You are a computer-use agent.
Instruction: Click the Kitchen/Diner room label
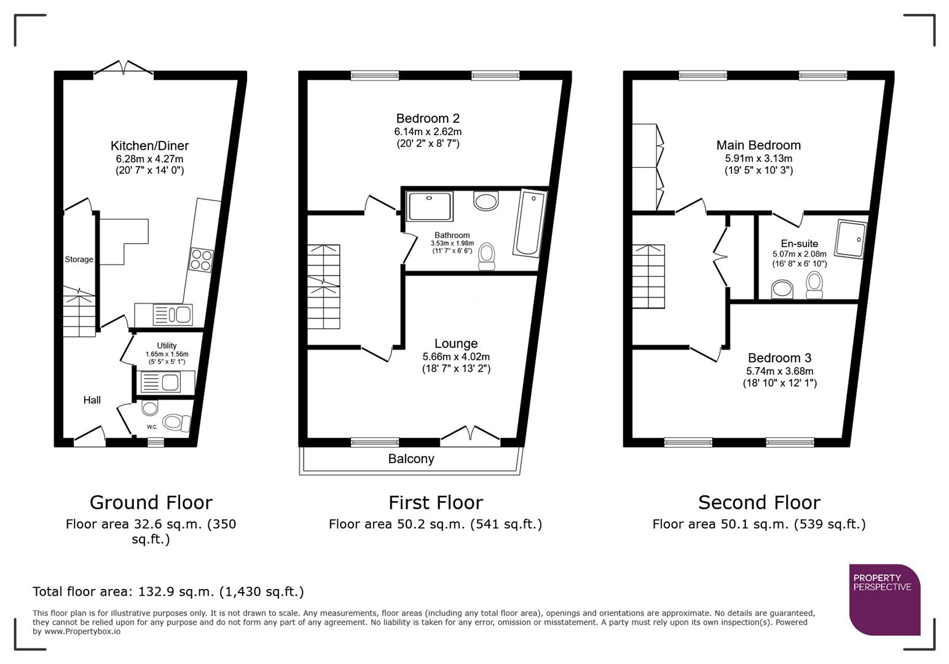[x=149, y=146]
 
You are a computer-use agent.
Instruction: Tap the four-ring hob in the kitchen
[x=202, y=259]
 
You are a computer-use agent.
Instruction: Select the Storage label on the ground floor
[x=79, y=259]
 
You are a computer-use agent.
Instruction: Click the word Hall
[x=92, y=400]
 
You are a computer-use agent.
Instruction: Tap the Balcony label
[x=411, y=459]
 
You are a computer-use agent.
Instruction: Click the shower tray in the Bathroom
[x=430, y=206]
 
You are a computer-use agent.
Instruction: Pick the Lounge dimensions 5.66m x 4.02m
[x=456, y=357]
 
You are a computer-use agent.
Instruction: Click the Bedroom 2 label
[x=428, y=118]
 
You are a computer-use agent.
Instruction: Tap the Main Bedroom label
[x=758, y=145]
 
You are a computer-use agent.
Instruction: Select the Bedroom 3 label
[x=779, y=358]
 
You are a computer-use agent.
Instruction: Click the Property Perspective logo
[x=884, y=599]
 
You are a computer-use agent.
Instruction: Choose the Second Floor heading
[x=759, y=502]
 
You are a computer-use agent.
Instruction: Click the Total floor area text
[x=168, y=591]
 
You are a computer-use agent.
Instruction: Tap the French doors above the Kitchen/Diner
[x=124, y=68]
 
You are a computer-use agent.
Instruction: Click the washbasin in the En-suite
[x=782, y=288]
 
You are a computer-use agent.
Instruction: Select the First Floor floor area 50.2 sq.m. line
[x=435, y=524]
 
